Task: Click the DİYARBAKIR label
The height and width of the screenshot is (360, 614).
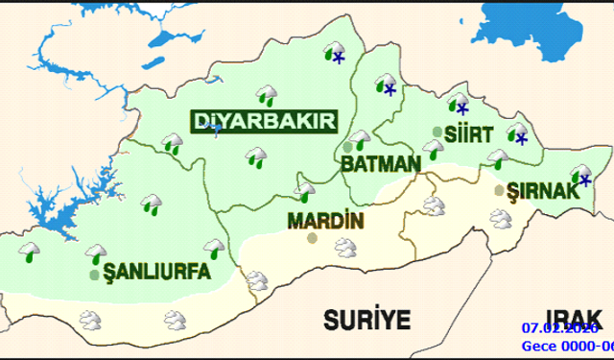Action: (265, 123)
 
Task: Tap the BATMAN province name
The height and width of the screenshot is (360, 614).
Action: (381, 164)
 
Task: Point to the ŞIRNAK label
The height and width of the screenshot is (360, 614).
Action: (543, 191)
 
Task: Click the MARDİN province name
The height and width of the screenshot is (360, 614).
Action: (325, 222)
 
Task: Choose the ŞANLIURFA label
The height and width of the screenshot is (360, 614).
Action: (156, 273)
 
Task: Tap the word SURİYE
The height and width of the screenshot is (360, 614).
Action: (366, 319)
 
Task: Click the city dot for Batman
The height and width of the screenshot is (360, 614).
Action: (347, 146)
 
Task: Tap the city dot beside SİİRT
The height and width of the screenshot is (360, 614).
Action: (437, 132)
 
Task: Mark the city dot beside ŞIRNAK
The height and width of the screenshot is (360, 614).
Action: (498, 190)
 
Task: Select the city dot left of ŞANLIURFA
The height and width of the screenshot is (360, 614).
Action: (93, 275)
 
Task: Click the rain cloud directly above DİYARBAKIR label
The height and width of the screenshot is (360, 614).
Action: (266, 95)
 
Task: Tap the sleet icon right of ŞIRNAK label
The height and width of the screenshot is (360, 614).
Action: (580, 176)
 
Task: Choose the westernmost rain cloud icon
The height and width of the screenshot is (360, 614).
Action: (30, 253)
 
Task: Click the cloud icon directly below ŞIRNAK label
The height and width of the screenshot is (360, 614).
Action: (500, 218)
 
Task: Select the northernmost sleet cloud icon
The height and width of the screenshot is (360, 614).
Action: (335, 53)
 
